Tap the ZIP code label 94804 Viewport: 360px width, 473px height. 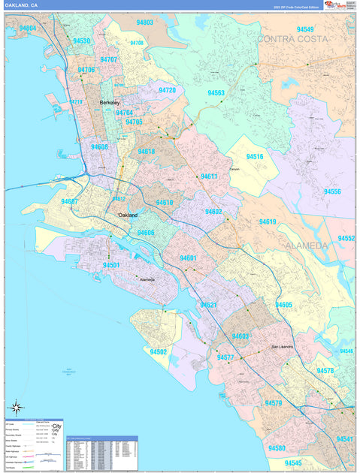(x=28, y=28)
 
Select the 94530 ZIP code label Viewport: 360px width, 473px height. (x=81, y=41)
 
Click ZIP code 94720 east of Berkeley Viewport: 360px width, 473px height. (x=167, y=91)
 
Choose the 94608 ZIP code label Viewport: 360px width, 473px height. (x=100, y=147)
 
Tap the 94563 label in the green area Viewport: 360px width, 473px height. (x=216, y=93)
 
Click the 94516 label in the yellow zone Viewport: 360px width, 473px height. (x=255, y=157)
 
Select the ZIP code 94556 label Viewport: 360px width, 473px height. (x=332, y=192)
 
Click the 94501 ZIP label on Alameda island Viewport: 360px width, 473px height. (x=110, y=265)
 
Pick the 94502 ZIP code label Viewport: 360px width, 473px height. (x=158, y=351)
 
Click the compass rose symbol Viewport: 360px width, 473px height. (x=15, y=409)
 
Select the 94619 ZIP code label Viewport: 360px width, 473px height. (x=268, y=222)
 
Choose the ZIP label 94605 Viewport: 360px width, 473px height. (x=283, y=305)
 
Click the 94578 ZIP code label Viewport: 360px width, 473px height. (x=325, y=371)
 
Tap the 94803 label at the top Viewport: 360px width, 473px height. (x=144, y=23)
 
